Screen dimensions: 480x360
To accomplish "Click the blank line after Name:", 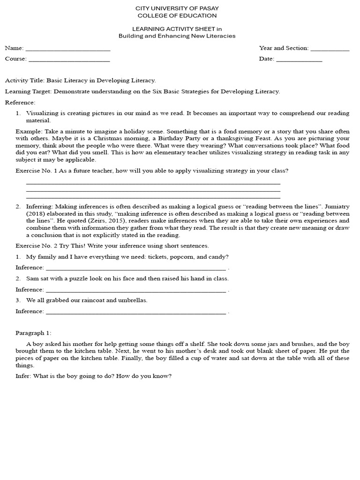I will point(68,49).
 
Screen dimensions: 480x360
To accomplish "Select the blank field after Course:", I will point(69,60).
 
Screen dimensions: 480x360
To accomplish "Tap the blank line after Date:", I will point(299,60).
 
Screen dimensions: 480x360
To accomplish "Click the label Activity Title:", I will point(24,81).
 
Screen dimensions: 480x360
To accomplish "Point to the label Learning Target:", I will point(28,91).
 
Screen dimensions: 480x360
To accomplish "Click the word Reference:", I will point(20,103).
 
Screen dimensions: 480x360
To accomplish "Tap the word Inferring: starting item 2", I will point(40,206).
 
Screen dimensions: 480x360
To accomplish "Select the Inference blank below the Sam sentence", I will point(136,290).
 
